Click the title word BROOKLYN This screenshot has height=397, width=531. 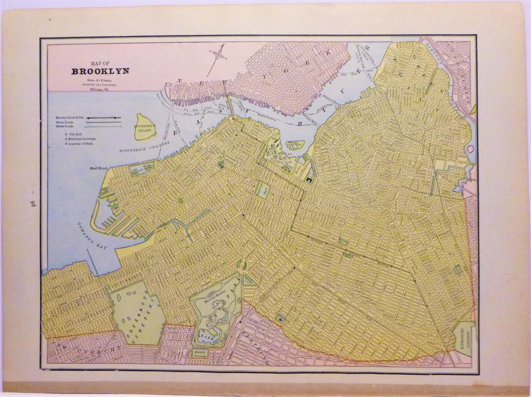[x=101, y=71]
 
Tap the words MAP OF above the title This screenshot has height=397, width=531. [x=100, y=62]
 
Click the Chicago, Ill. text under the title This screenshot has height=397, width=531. [x=101, y=89]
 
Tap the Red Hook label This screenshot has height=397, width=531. [x=98, y=169]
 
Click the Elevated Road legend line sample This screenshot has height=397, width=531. [x=103, y=117]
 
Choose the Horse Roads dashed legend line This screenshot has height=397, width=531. [x=103, y=127]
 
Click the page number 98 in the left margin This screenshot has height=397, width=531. [x=26, y=202]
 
